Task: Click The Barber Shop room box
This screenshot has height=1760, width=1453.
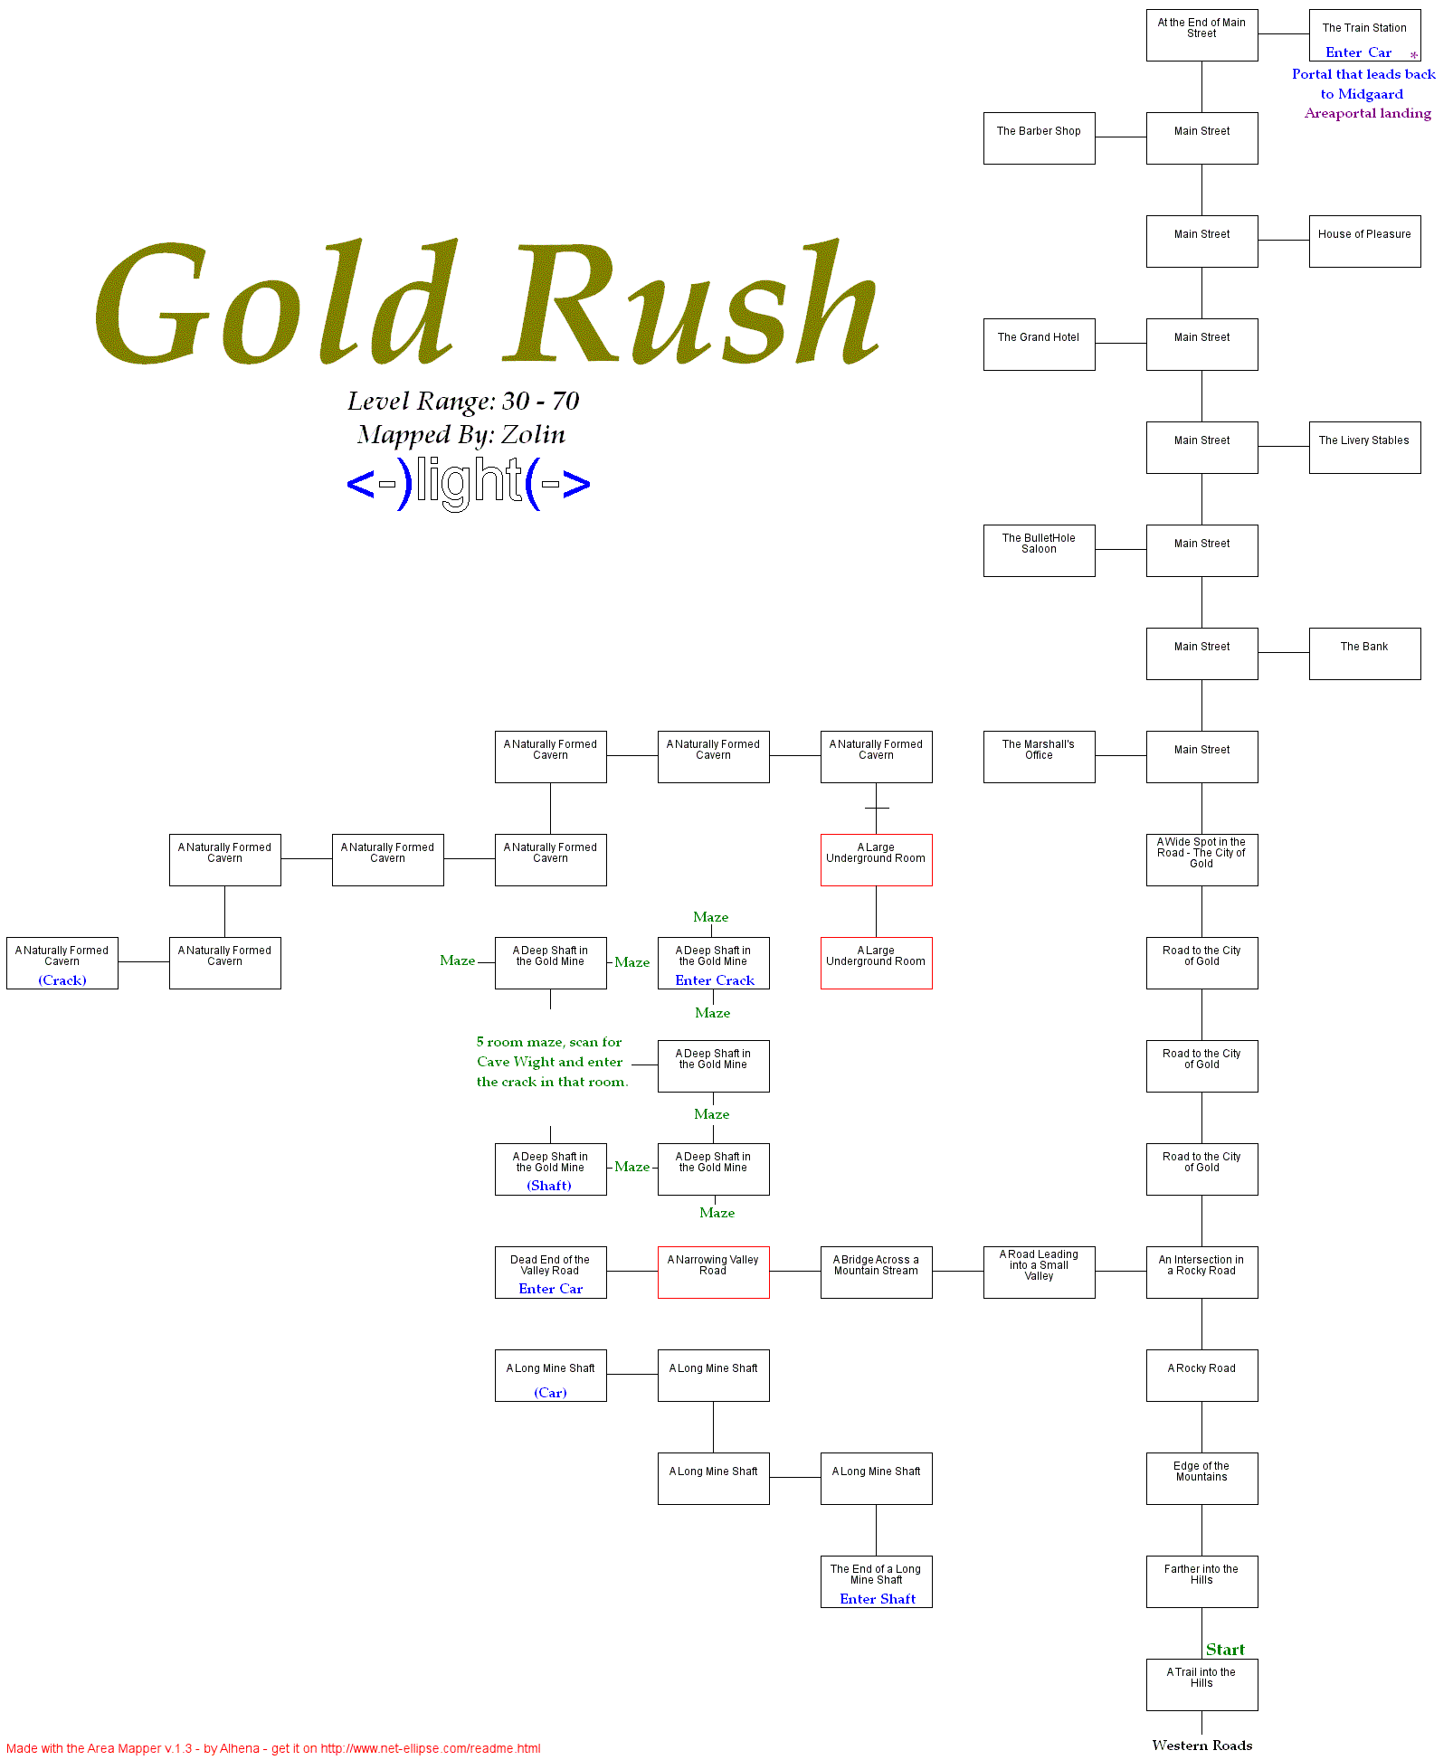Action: click(x=1039, y=138)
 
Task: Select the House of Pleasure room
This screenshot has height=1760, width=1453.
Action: click(x=1364, y=241)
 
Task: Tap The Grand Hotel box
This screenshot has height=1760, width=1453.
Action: click(x=1039, y=345)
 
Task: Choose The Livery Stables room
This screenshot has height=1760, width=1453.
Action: click(x=1364, y=448)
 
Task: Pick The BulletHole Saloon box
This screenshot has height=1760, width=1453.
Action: click(x=1039, y=551)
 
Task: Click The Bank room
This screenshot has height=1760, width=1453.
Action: click(x=1364, y=654)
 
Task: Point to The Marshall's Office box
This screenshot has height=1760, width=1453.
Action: click(x=1039, y=757)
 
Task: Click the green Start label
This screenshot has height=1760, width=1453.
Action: click(x=1225, y=1650)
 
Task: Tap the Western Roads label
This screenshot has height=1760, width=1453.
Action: click(x=1201, y=1746)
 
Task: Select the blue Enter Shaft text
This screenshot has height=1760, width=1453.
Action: click(x=878, y=1599)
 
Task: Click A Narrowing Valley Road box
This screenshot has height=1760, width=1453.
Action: click(x=713, y=1273)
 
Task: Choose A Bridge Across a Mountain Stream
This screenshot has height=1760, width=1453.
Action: click(x=876, y=1273)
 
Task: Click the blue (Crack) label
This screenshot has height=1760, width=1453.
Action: click(x=62, y=980)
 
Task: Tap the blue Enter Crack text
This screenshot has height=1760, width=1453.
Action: click(x=715, y=980)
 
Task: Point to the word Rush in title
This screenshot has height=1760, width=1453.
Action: click(x=697, y=303)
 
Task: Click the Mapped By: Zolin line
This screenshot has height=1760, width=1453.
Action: click(x=461, y=435)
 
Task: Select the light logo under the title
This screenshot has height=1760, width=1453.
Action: click(x=469, y=483)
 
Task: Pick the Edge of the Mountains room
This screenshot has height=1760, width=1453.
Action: click(x=1201, y=1479)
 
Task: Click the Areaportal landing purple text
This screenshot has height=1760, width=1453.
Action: click(x=1368, y=113)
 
